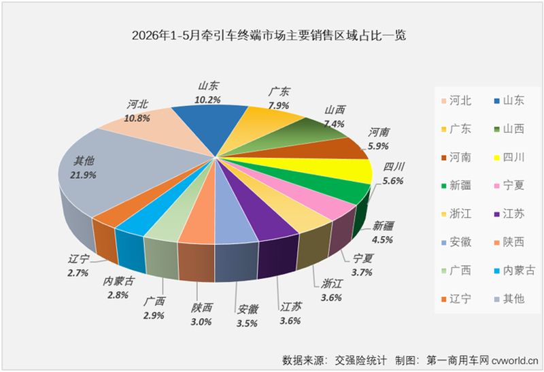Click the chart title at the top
point(269,35)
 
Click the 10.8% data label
point(137,118)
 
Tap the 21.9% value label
point(83,175)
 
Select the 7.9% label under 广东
point(278,105)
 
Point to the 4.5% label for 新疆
point(382,240)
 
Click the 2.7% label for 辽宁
point(78,273)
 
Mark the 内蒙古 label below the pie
point(118,282)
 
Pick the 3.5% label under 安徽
point(247,324)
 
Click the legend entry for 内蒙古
point(515,270)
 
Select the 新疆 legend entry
point(456,185)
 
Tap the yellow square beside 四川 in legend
point(497,158)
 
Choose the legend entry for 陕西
point(509,242)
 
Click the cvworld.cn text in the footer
point(515,360)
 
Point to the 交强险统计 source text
point(360,360)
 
